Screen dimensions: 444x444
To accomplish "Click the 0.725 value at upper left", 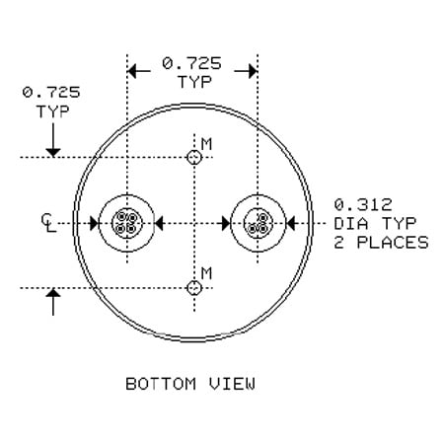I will [50, 93].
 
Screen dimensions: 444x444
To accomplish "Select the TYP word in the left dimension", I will [52, 111].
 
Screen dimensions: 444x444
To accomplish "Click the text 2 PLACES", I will [381, 242].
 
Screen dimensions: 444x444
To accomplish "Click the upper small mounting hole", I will [195, 158].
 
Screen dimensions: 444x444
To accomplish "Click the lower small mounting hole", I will [195, 288].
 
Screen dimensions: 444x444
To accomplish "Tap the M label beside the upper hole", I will [206, 145].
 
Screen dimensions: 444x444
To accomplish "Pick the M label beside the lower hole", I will [206, 272].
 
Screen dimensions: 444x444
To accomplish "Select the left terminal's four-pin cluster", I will [126, 223].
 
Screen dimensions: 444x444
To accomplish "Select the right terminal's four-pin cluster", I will [258, 223].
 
